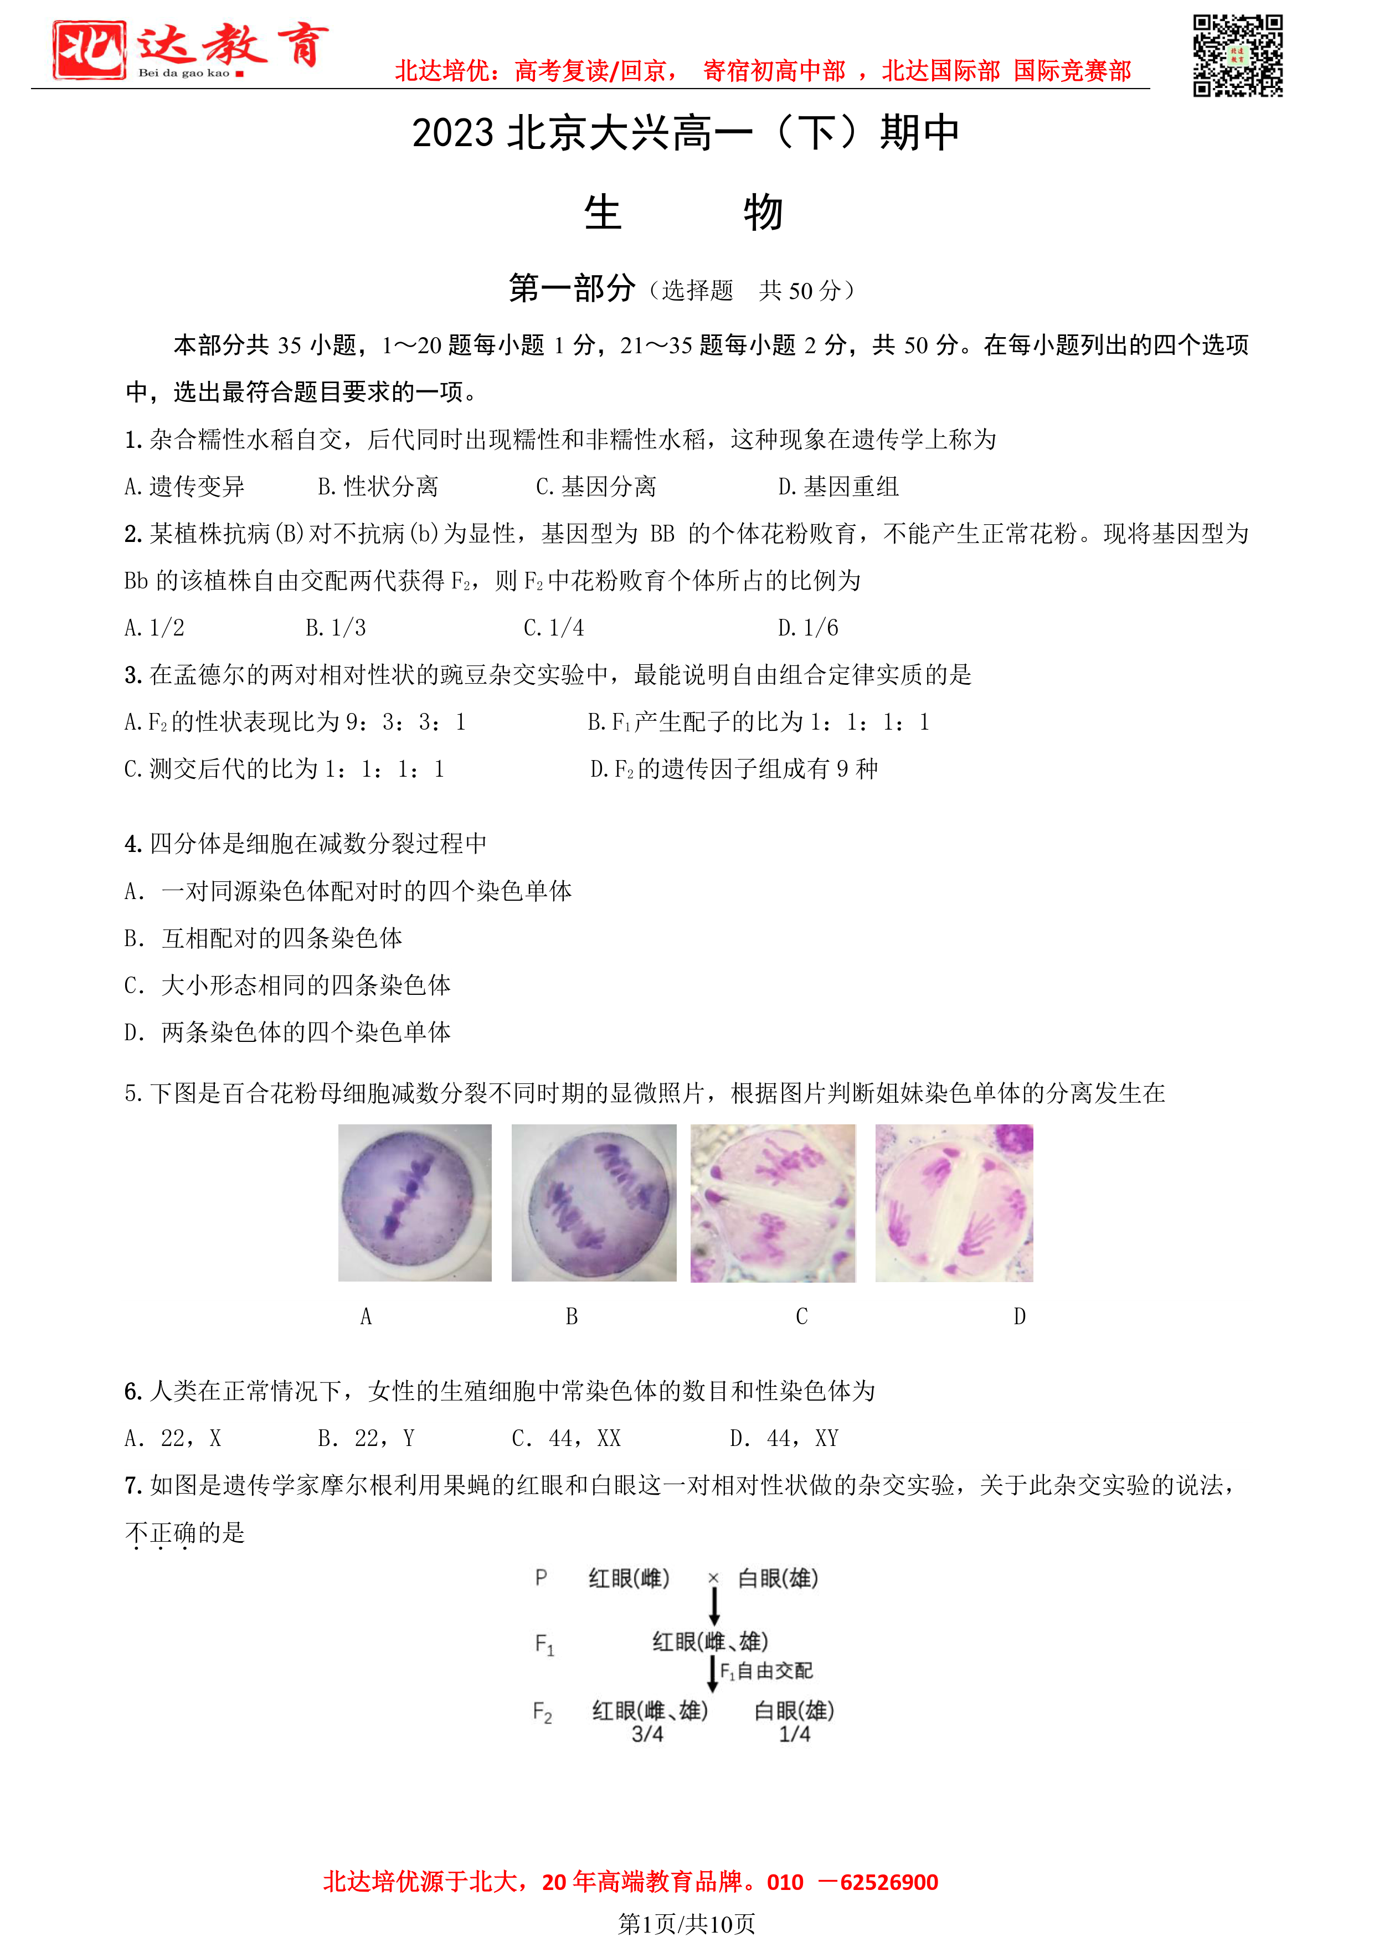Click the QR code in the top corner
(x=1237, y=56)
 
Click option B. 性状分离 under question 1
(x=378, y=487)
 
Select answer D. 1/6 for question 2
(x=808, y=628)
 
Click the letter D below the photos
(x=1020, y=1316)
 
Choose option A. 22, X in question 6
(x=173, y=1438)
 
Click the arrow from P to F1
(x=714, y=1605)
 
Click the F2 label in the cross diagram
(x=542, y=1713)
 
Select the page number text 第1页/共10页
(x=686, y=1923)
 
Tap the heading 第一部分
(x=572, y=288)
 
